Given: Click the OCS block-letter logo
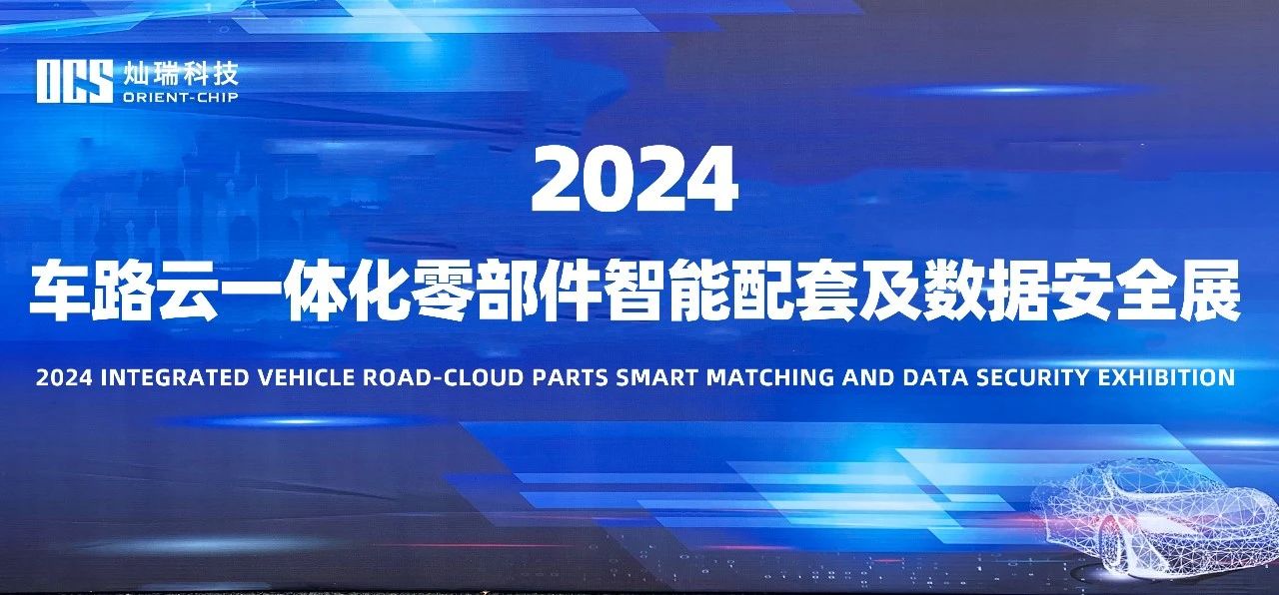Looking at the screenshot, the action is tap(75, 82).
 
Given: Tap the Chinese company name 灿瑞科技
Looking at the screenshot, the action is tap(181, 74).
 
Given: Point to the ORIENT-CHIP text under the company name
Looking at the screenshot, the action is tap(181, 98).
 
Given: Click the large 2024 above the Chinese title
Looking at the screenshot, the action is tap(635, 179).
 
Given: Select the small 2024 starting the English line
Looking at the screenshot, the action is tap(63, 378).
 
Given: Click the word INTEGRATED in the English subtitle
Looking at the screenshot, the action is tap(175, 378).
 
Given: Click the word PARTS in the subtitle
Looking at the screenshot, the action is tap(570, 378).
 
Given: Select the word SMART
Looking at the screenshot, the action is tap(656, 378).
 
